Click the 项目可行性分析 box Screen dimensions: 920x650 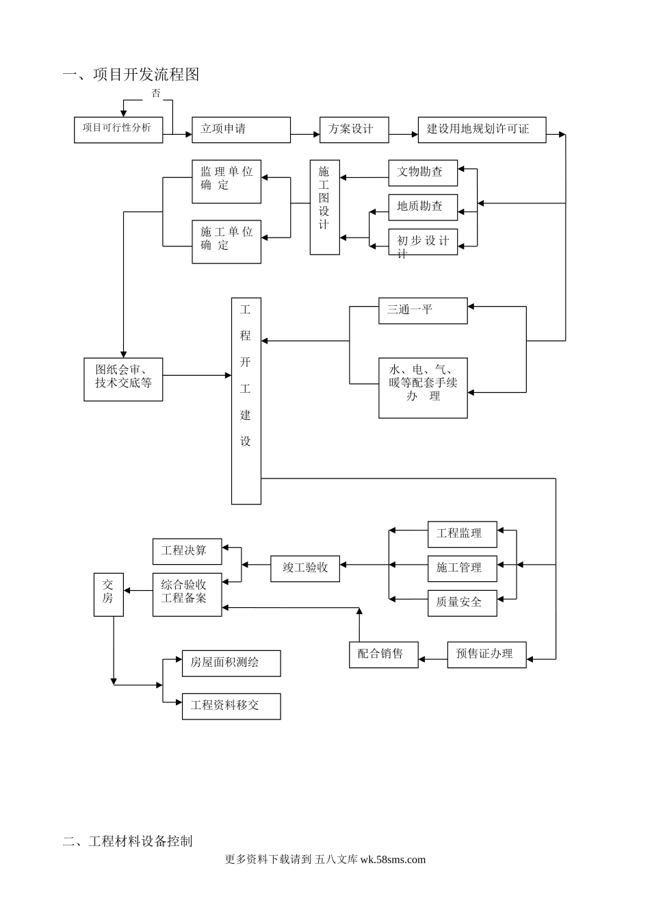(118, 129)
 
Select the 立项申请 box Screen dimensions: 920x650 (241, 129)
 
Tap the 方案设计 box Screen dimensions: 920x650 (354, 129)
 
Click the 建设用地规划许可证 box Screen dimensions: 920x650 (482, 129)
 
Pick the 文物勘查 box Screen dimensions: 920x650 (423, 172)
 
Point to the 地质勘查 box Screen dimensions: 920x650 (423, 207)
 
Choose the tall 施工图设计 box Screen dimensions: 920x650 (324, 207)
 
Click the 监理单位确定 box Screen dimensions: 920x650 (226, 181)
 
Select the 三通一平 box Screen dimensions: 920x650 (423, 310)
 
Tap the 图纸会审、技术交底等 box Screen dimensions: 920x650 (123, 379)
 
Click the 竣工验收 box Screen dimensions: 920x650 (305, 567)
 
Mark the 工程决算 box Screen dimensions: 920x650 (187, 551)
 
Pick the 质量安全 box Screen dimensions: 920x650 (462, 602)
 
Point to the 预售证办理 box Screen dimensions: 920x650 (486, 654)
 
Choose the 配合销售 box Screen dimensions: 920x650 (383, 654)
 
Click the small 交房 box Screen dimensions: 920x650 (108, 594)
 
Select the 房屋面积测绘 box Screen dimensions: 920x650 (231, 663)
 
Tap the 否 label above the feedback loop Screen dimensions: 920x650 (156, 93)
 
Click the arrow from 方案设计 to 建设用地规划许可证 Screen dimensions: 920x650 (404, 135)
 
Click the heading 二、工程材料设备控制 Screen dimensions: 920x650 (127, 841)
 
